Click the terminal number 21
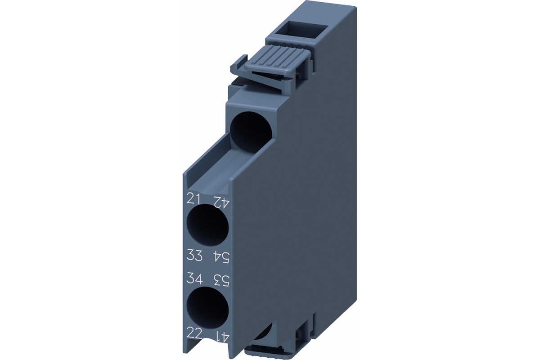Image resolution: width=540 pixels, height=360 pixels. click(194, 199)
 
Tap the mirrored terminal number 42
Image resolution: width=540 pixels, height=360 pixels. click(220, 202)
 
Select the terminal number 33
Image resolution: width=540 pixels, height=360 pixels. click(194, 255)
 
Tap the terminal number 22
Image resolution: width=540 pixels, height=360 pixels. click(194, 334)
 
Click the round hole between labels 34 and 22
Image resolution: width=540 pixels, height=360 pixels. click(208, 309)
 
